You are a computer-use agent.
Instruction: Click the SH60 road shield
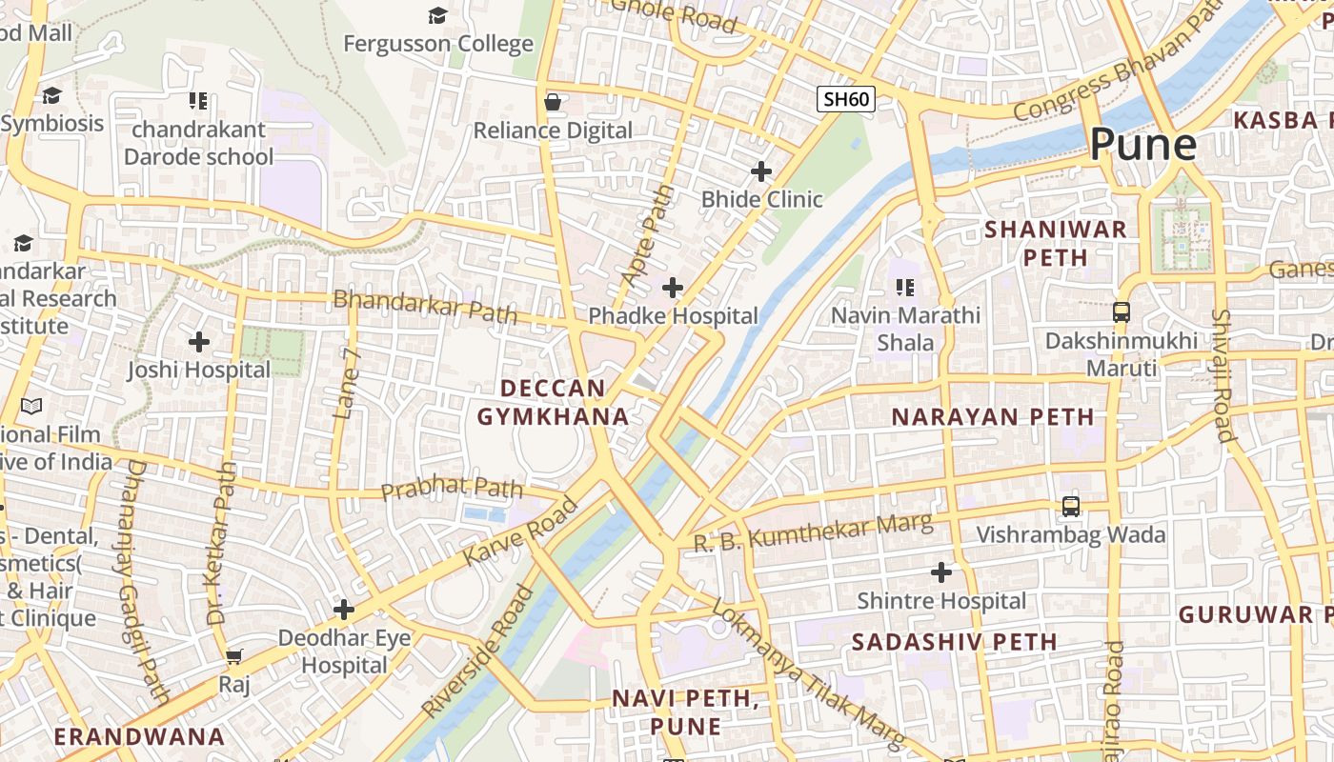click(x=845, y=99)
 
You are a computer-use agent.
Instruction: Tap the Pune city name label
click(x=1142, y=145)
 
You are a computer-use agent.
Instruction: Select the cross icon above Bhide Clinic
click(x=760, y=171)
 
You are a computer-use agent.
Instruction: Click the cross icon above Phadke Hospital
click(x=673, y=287)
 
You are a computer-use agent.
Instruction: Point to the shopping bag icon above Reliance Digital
click(x=553, y=102)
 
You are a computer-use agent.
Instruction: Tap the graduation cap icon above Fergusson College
click(x=437, y=15)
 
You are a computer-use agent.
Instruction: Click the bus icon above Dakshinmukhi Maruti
click(x=1122, y=311)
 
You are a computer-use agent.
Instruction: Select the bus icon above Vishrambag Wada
click(x=1071, y=507)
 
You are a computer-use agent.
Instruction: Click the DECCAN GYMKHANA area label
click(x=553, y=402)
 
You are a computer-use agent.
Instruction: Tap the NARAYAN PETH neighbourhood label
click(x=993, y=417)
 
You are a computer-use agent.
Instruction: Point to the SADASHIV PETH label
click(x=954, y=642)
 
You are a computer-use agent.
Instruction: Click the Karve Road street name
click(x=520, y=531)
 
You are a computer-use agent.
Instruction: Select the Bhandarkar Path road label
click(x=425, y=306)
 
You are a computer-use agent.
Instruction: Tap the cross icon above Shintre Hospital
click(x=941, y=572)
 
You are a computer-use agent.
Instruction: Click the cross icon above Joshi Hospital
click(x=199, y=341)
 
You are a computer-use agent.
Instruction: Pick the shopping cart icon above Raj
click(x=234, y=656)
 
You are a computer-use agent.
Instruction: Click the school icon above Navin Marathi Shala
click(x=904, y=286)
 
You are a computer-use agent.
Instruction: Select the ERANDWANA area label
click(x=139, y=736)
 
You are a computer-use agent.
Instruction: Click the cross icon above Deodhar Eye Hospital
click(x=344, y=610)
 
